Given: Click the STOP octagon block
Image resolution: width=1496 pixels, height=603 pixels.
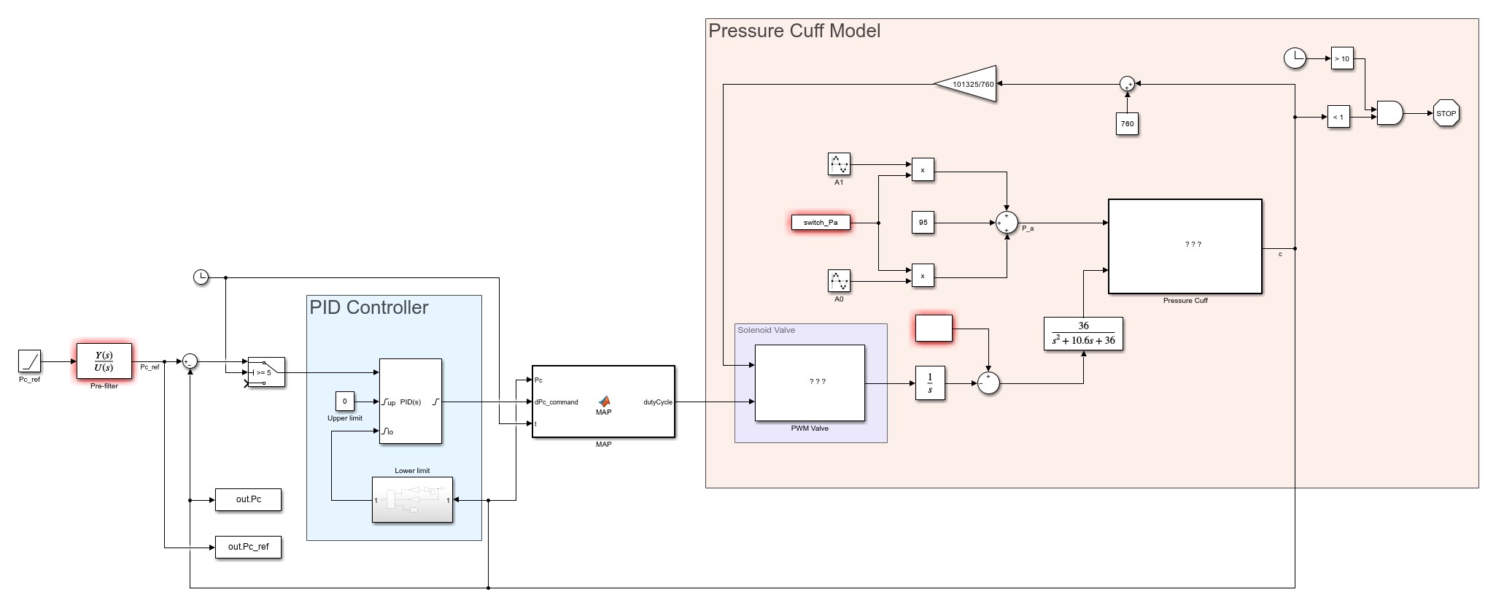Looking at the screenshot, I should pos(1446,113).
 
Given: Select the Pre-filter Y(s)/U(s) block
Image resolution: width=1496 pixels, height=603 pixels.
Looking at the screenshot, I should pos(104,361).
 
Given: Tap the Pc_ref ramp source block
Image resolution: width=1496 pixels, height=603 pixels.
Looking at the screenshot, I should pos(29,361).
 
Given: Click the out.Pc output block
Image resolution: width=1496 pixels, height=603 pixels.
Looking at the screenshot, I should pos(248,499).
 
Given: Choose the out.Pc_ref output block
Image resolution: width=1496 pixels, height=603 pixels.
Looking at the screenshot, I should pos(248,547).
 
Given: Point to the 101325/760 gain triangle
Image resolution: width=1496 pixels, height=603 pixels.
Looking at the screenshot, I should pos(970,84).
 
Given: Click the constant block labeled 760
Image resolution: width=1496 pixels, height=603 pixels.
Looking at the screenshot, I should pos(1127,123).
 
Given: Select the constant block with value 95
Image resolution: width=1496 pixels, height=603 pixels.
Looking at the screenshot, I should pos(923,223).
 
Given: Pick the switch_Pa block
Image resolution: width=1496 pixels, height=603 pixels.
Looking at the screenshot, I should pos(821,223).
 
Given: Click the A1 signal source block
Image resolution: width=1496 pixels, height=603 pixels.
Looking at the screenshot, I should pos(839,164).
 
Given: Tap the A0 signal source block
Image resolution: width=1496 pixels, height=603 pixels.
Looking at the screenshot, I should pos(839,280).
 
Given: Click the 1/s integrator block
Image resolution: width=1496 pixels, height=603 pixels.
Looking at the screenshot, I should pos(930,383).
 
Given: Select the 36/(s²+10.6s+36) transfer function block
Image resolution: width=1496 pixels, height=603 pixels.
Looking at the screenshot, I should pos(1083,334).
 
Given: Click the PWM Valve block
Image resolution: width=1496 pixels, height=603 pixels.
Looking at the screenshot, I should pos(810,383).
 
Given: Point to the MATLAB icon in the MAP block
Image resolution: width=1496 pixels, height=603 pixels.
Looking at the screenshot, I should pos(604,401).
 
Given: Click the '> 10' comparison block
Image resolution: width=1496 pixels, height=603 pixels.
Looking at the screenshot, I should pos(1342,58).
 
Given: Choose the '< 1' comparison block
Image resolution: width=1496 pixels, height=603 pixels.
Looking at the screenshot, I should pos(1338,117).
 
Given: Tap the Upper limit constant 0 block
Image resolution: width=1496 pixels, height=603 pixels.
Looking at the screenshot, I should pos(344,401).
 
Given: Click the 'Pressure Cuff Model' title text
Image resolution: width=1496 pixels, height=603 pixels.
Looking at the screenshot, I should pos(794,31).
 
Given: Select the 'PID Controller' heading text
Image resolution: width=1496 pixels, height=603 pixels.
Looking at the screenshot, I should pos(369,307).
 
